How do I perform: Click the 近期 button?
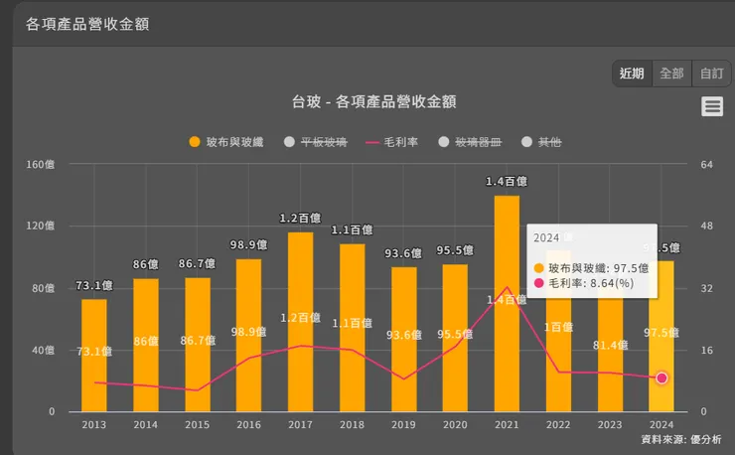633,74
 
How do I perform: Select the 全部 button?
671,74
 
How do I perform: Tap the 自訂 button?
711,74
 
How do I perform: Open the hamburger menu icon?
712,107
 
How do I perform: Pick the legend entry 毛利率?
392,143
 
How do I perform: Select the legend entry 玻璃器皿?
471,143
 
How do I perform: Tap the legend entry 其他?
541,143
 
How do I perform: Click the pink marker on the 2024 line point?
661,379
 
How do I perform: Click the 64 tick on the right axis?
707,165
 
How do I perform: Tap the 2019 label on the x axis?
403,424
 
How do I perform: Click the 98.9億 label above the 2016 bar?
248,244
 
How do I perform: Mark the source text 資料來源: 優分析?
681,439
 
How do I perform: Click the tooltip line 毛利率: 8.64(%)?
592,283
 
